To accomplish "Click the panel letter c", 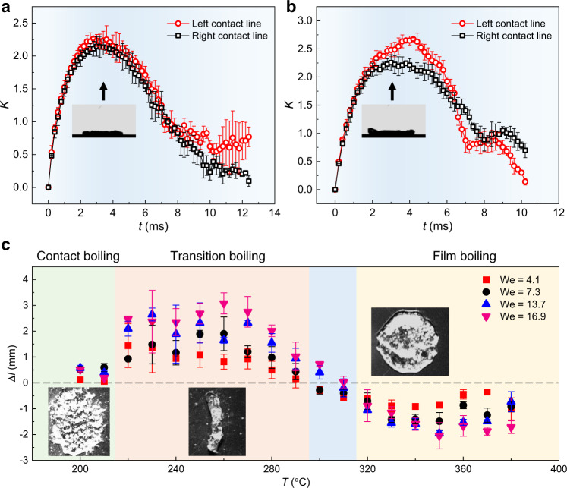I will pyautogui.click(x=7, y=246).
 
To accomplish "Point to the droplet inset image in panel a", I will pyautogui.click(x=104, y=120).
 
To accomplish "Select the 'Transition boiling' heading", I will pyautogui.click(x=213, y=257).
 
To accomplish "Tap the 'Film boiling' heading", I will pyautogui.click(x=458, y=257).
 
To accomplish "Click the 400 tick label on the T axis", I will pyautogui.click(x=558, y=470).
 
